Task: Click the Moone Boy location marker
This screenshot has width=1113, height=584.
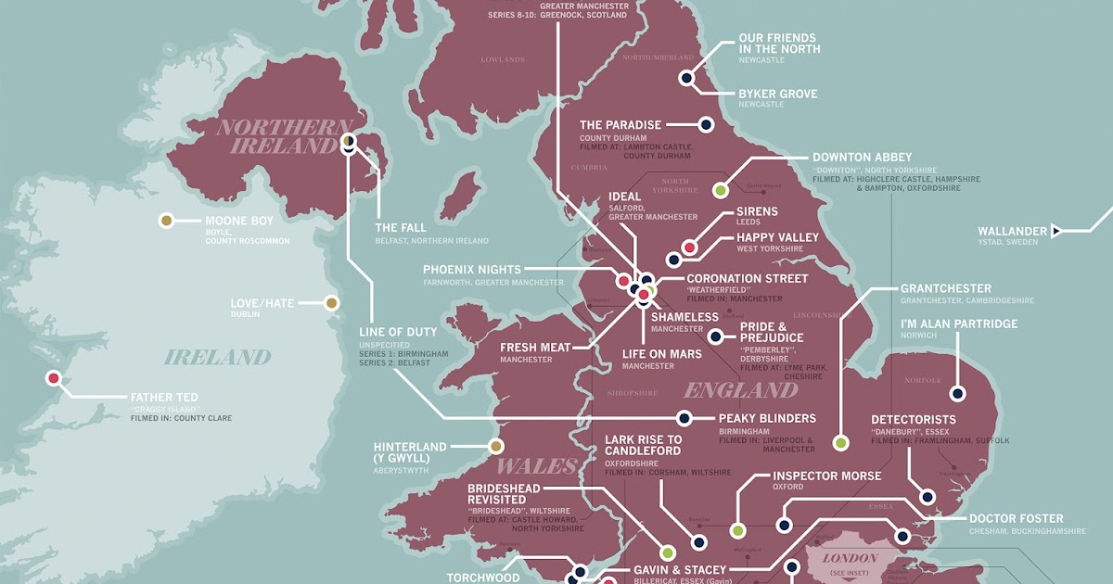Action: (166, 221)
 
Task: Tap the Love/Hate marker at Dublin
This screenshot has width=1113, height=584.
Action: (331, 302)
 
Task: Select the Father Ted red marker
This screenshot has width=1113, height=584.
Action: (54, 377)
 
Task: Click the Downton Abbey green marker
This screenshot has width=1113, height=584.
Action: (720, 190)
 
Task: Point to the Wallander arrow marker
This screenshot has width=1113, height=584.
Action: (1055, 231)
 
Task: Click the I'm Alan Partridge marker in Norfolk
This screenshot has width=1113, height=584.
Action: (957, 394)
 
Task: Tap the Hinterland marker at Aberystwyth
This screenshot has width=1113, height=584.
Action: (496, 446)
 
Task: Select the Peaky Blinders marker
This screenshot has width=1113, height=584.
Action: (684, 418)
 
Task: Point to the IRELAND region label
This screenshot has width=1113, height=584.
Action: (218, 357)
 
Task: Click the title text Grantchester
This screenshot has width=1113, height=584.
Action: (945, 288)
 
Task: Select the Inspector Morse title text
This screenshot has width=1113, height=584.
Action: (826, 476)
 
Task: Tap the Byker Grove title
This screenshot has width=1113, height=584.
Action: (778, 94)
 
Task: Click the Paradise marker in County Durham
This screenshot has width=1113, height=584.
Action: (705, 124)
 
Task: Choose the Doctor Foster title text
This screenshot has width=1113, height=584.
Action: (1016, 518)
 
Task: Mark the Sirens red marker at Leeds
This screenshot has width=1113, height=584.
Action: (689, 248)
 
